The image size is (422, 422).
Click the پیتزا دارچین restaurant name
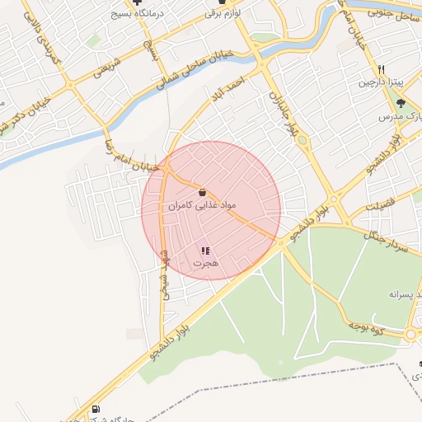(x=381, y=83)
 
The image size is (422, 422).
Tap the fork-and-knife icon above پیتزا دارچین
(x=381, y=70)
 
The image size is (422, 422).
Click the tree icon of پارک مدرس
(x=400, y=103)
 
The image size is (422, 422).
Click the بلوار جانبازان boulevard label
(x=282, y=114)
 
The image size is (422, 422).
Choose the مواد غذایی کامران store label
(x=203, y=204)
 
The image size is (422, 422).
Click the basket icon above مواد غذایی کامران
(x=203, y=192)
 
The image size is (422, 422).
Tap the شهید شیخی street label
(x=164, y=274)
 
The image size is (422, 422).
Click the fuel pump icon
(x=97, y=409)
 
